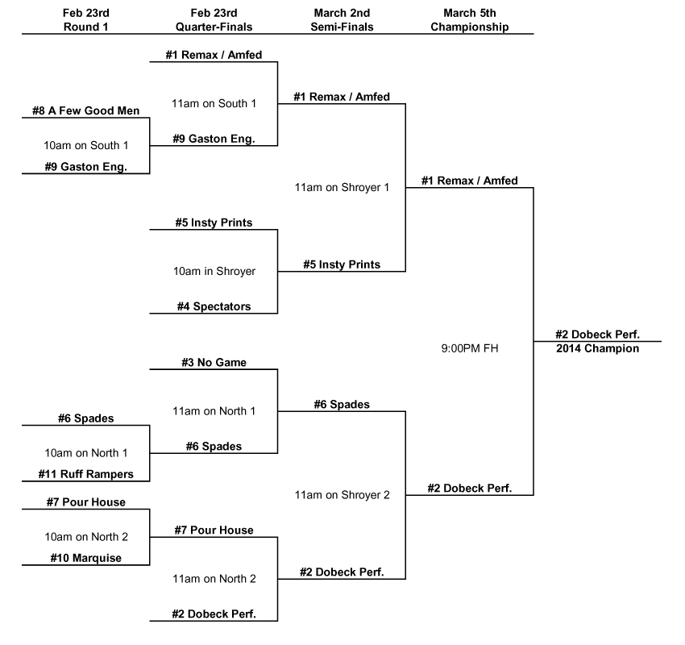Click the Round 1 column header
pos(85,20)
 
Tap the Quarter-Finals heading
pos(214,20)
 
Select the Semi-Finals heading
pos(342,20)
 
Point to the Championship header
pos(469,20)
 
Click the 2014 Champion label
pos(597,348)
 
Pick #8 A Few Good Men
pos(85,110)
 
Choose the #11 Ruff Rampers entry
pos(85,474)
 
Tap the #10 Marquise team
pos(85,558)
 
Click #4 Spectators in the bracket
pos(214,306)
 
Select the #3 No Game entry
pos(214,363)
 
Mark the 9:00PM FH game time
pos(469,349)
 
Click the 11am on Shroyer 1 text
pos(342,187)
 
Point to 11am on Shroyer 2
pos(342,495)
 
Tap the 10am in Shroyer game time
pos(214,271)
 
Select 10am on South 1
pos(85,145)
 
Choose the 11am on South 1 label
pos(214,103)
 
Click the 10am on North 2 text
pos(85,537)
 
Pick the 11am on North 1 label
pos(214,410)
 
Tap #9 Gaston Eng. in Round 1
pos(85,167)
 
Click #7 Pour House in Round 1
pos(85,502)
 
